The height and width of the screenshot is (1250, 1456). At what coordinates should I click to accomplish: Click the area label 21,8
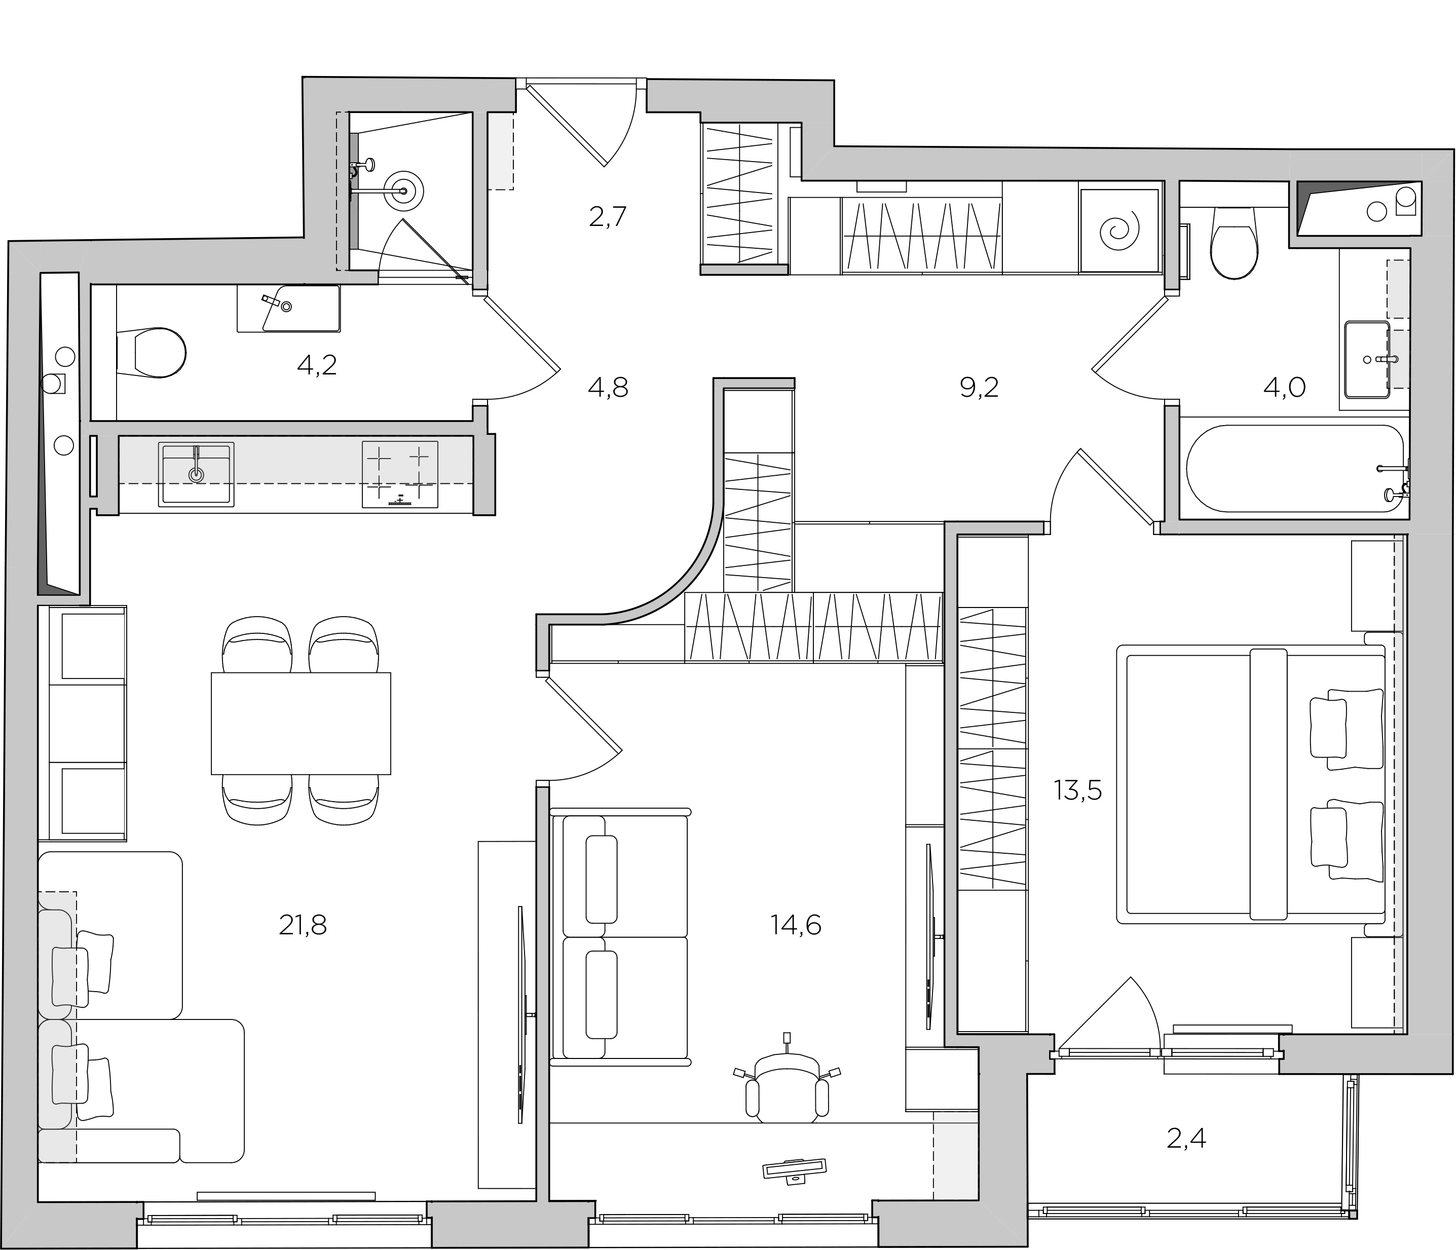pos(303,925)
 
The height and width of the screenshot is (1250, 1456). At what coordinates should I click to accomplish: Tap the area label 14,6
pos(796,925)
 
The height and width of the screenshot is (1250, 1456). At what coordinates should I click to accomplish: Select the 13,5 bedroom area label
pos(1078,790)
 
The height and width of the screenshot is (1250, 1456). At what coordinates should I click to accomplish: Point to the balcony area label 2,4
pos(1186,1138)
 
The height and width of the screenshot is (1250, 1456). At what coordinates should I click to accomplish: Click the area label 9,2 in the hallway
pos(979,387)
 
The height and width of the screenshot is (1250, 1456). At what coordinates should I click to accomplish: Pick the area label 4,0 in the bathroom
pos(1285,387)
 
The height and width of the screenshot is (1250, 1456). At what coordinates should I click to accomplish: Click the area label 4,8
pos(608,387)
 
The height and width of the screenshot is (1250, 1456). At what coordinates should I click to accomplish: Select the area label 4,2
pos(317,365)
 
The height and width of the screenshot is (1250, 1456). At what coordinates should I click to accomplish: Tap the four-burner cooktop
pos(400,474)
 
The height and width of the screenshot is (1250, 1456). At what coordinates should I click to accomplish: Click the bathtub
pos(1295,469)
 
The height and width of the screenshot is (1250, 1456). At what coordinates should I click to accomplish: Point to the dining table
pos(301,723)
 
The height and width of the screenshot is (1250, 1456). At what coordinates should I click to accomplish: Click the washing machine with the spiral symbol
pos(1119,231)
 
